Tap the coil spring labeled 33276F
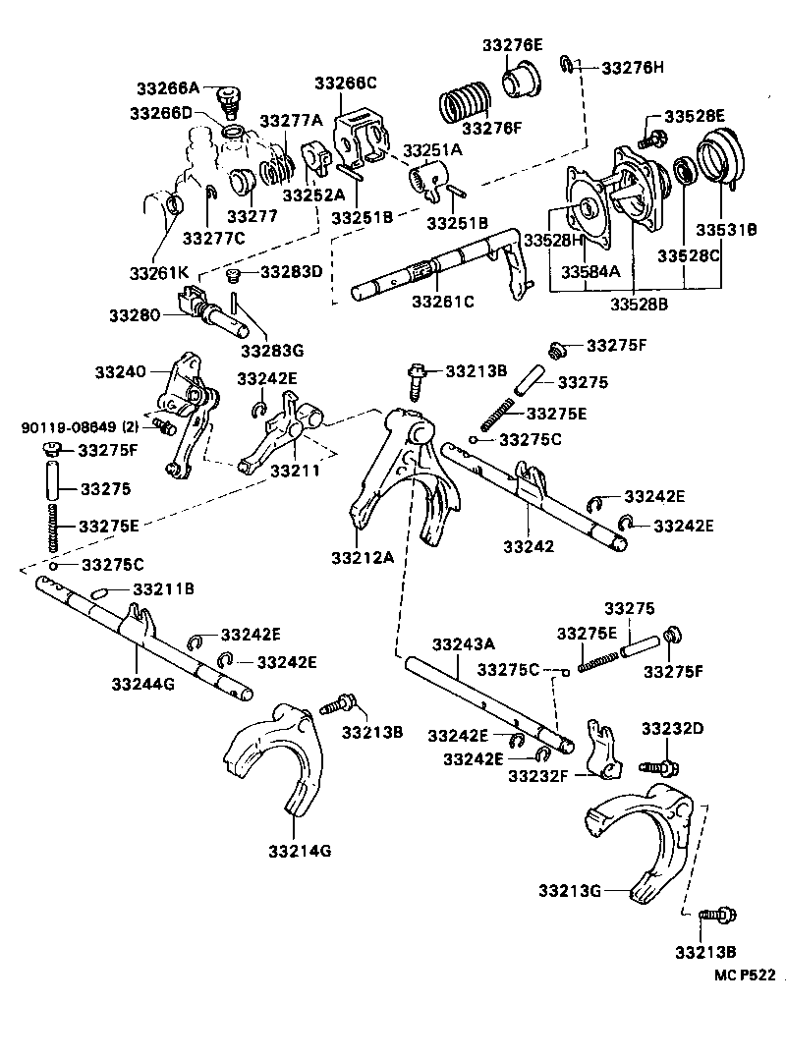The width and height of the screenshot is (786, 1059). pyautogui.click(x=470, y=98)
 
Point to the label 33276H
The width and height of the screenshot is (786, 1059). pyautogui.click(x=633, y=68)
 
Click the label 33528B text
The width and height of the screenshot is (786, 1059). pyautogui.click(x=639, y=305)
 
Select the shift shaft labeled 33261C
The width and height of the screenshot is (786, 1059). pyautogui.click(x=432, y=270)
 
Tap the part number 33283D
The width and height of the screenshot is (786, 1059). pyautogui.click(x=290, y=272)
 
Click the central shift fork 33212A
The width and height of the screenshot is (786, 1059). pyautogui.click(x=398, y=481)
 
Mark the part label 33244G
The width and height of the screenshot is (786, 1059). pyautogui.click(x=142, y=683)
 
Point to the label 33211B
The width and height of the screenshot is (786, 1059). pyautogui.click(x=163, y=589)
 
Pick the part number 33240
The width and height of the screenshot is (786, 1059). pyautogui.click(x=120, y=372)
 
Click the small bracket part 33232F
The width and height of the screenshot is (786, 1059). pyautogui.click(x=597, y=752)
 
